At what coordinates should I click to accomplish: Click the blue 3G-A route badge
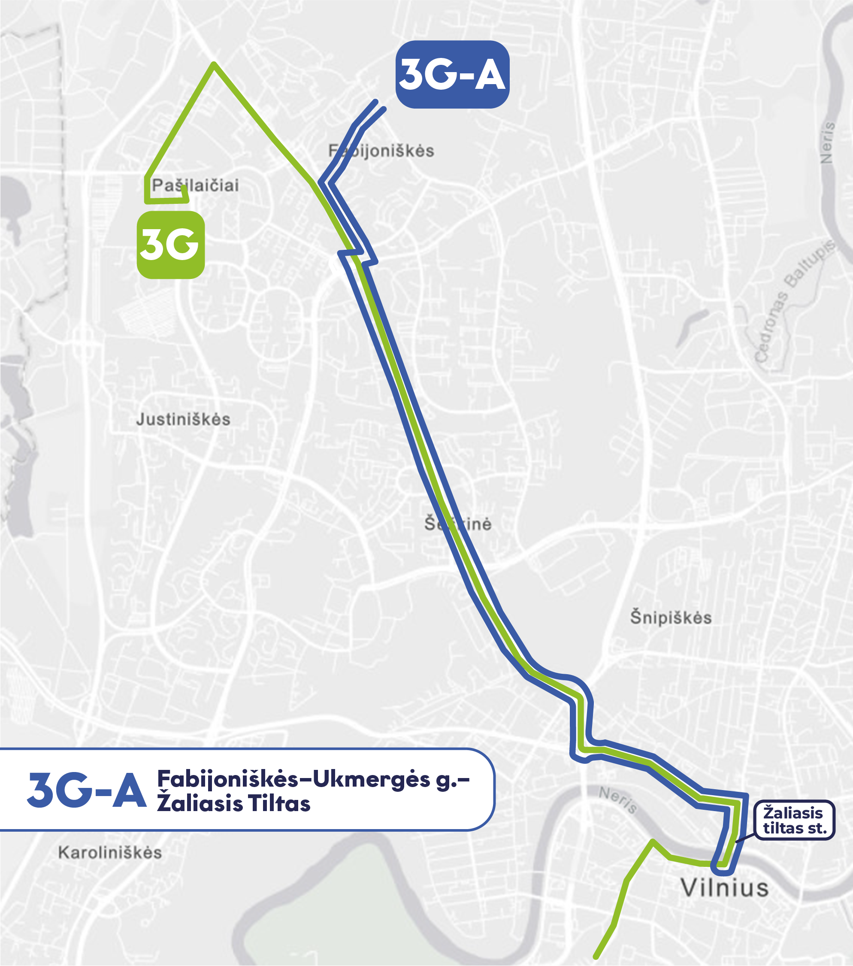tap(452, 74)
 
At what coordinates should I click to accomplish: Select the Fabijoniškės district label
tap(381, 151)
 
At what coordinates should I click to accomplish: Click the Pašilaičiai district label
tap(195, 185)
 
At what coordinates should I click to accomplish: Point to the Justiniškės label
tap(183, 419)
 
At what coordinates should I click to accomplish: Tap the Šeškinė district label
tap(457, 524)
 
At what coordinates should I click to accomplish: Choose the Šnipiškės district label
tap(671, 618)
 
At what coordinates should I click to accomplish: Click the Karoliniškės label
tap(110, 853)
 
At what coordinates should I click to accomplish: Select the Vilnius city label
tap(724, 887)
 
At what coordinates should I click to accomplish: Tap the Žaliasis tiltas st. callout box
tap(794, 820)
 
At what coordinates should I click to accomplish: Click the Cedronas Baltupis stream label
tap(794, 303)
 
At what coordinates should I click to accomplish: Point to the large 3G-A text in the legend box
tap(87, 790)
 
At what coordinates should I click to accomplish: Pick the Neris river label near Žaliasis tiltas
tap(618, 799)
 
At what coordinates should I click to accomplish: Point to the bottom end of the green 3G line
tap(596, 957)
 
